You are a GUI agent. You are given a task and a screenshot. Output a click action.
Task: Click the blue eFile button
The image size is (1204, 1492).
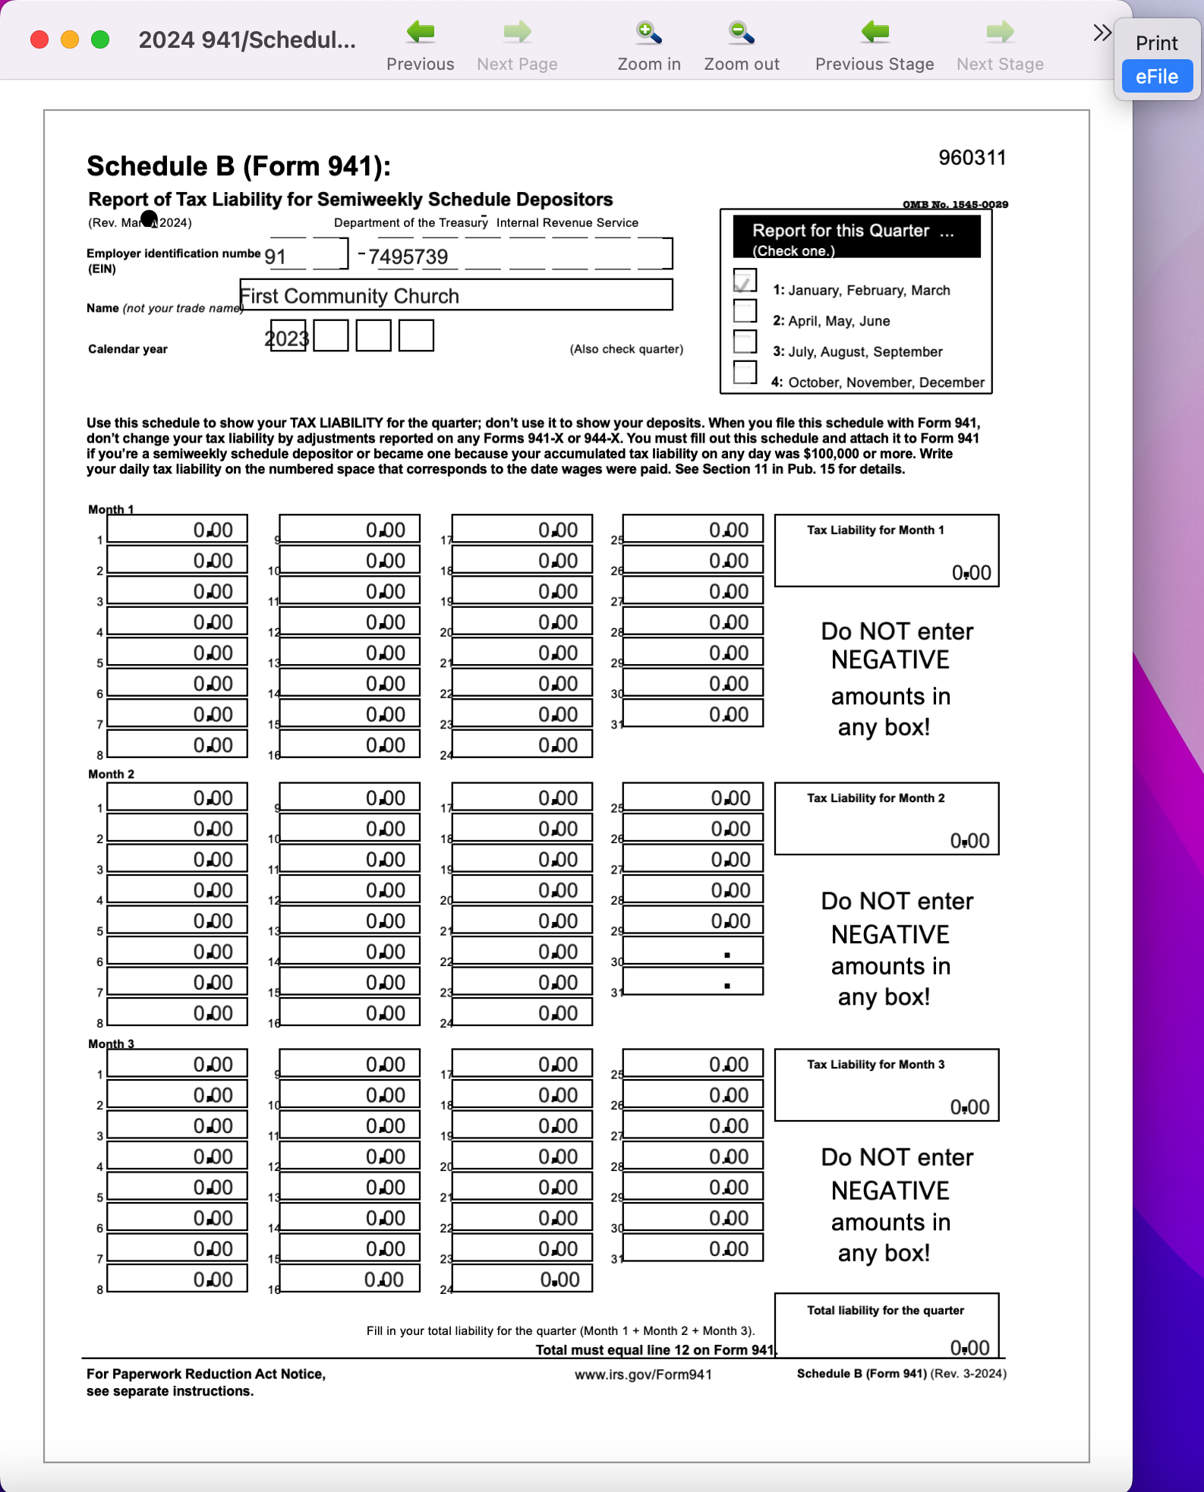[1156, 77]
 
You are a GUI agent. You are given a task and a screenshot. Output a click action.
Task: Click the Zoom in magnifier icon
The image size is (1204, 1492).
[648, 33]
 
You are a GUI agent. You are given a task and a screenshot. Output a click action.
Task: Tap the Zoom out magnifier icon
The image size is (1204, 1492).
[741, 33]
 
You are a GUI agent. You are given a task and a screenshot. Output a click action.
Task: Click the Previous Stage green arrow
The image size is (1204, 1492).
[875, 33]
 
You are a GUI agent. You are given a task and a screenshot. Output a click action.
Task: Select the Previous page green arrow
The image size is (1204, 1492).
[420, 33]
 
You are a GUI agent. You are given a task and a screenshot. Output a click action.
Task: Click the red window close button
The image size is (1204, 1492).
[39, 39]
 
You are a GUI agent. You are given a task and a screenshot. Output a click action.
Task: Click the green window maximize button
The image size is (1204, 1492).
[100, 39]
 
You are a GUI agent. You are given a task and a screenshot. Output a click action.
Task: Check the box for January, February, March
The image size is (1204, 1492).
[745, 281]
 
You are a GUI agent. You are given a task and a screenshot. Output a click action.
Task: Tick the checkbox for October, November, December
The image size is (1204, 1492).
[745, 373]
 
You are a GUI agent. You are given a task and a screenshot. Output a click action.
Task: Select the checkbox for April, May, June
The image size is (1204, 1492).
[745, 311]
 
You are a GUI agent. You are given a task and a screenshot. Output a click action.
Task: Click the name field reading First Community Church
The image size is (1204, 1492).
[455, 295]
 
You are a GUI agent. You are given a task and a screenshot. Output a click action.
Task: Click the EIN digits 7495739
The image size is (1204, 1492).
[408, 257]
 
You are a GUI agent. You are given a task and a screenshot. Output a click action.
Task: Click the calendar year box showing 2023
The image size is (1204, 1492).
[288, 337]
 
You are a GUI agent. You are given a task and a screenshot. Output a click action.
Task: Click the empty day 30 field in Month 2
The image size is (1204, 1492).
[692, 952]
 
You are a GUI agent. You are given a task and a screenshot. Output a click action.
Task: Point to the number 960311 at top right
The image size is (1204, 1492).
[972, 158]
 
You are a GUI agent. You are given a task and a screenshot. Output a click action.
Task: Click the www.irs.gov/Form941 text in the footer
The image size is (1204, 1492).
[643, 1374]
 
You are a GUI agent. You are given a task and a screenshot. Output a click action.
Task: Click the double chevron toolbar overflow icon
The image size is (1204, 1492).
[1102, 33]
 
